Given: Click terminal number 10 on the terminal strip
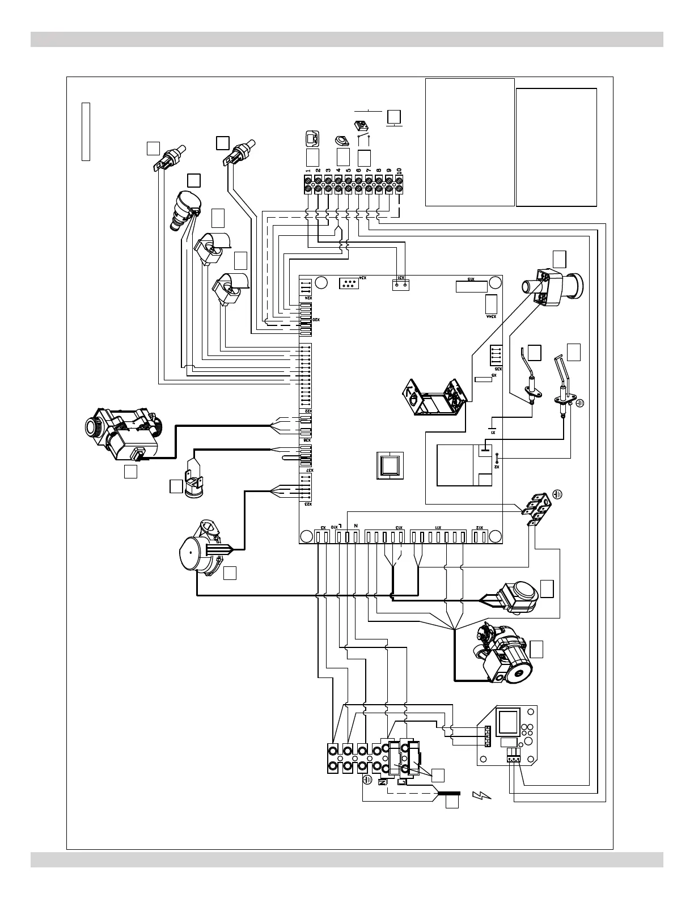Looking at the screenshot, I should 399,184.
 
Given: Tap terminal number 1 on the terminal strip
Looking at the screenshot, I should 307,184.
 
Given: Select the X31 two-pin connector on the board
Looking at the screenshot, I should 401,285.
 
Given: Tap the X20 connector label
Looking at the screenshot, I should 317,320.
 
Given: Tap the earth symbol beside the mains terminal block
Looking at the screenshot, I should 367,780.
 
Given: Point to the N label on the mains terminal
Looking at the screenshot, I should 382,782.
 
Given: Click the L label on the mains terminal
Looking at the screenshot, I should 401,782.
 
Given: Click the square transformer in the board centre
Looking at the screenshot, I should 389,467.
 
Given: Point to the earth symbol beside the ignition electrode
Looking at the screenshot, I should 579,404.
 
